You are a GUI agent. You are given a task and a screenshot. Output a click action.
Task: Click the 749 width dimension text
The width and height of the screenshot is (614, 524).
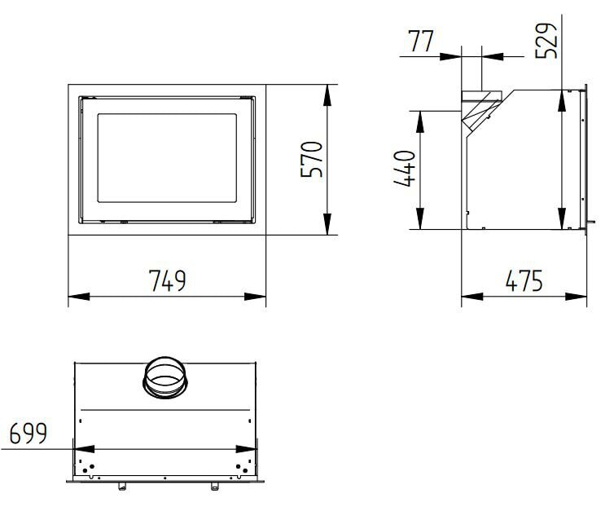(168, 280)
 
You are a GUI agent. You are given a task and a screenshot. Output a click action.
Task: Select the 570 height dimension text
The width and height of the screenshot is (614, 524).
(312, 160)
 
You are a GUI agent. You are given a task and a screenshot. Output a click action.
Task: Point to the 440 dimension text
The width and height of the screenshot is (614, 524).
(405, 169)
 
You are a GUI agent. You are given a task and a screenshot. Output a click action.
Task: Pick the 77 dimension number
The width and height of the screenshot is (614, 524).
(422, 42)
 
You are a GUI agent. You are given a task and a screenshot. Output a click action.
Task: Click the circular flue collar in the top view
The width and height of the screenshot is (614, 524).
(166, 376)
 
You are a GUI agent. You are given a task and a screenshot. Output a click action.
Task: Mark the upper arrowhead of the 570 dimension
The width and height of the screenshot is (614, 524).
(327, 91)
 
